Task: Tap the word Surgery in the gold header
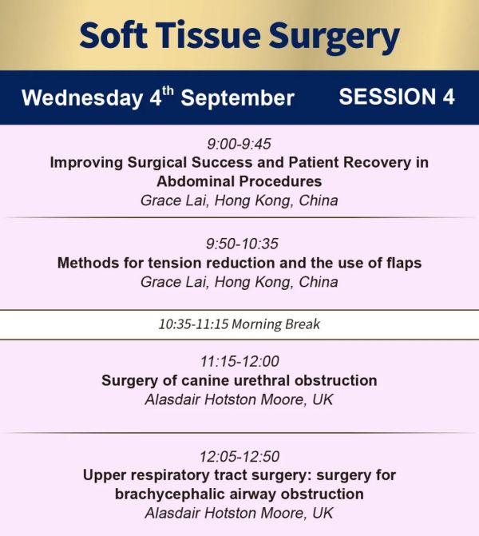[x=335, y=38]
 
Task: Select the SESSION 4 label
[x=397, y=97]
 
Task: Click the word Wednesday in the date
[x=82, y=98]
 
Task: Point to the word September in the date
[x=237, y=99]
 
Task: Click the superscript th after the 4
[x=168, y=91]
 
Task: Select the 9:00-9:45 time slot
[x=239, y=144]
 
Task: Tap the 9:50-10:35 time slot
[x=242, y=244]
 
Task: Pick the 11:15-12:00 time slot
[x=239, y=361]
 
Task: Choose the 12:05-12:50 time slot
[x=239, y=456]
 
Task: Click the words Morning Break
[x=276, y=324]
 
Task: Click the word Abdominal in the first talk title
[x=195, y=181]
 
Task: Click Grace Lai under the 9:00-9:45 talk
[x=174, y=201]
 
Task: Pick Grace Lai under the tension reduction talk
[x=174, y=282]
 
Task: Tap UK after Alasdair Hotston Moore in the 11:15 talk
[x=323, y=399]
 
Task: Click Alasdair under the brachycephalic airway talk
[x=172, y=513]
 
